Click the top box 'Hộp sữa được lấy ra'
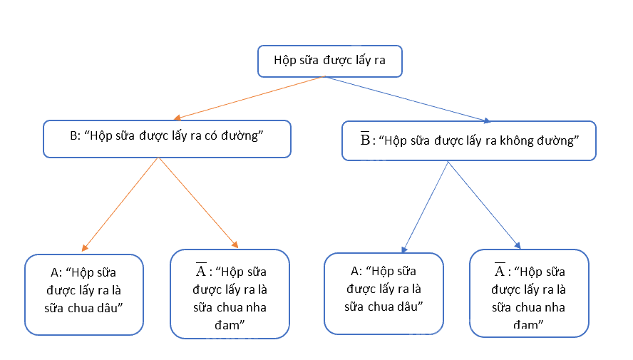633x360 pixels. tap(330, 61)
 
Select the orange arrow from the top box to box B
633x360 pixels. tap(249, 98)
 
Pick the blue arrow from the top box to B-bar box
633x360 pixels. tap(408, 99)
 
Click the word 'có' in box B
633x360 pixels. tap(211, 135)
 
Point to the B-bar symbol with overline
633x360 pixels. tap(365, 139)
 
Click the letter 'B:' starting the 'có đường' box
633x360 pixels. tap(75, 135)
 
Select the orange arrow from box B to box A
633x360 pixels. tap(120, 204)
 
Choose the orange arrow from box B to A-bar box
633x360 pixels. tap(199, 202)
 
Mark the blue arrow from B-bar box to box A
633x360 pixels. tap(425, 207)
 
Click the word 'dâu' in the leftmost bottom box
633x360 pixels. tap(109, 308)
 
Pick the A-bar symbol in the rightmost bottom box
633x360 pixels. tap(500, 269)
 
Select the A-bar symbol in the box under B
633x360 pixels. tap(201, 269)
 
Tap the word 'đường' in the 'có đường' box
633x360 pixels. tap(242, 135)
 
